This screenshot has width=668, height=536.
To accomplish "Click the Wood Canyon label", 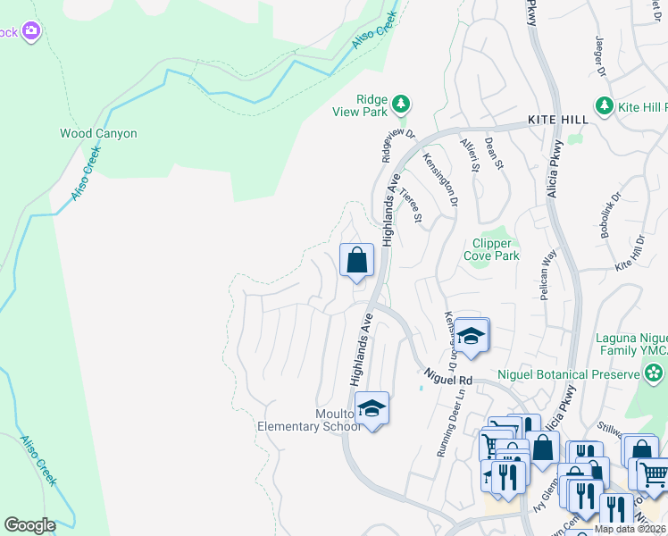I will coord(98,133).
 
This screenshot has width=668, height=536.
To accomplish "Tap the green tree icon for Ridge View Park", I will coord(402,105).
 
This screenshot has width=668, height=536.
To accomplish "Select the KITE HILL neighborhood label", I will coord(557,120).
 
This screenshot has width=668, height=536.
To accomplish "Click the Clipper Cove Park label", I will coord(491,249).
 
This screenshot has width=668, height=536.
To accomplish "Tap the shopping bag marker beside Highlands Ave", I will coord(356,262).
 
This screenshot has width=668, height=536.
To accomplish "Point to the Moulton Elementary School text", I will coord(309,420).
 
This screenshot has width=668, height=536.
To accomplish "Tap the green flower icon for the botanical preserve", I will coord(655,372).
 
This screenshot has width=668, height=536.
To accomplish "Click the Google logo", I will coord(29,525).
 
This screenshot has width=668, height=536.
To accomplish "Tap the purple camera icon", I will coord(31,31).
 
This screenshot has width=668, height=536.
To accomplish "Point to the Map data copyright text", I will coord(630,529).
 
